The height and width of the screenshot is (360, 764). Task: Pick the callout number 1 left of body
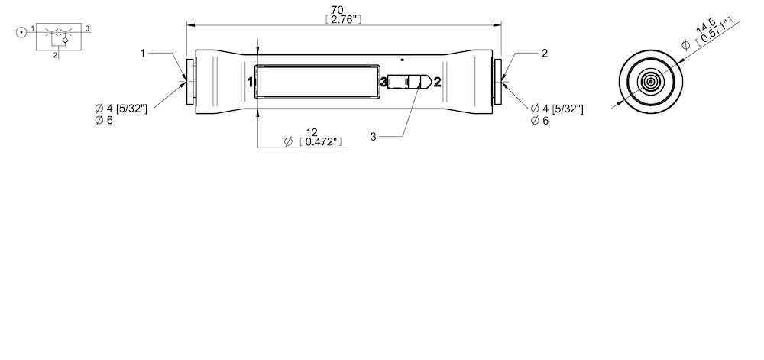[142, 54]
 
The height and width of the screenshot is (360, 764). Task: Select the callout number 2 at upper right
[544, 54]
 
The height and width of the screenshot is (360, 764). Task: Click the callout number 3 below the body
[374, 136]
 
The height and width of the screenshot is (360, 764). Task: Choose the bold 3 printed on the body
[384, 82]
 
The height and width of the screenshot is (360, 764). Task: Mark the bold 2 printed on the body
[437, 82]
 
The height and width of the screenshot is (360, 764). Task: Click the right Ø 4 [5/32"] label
[557, 109]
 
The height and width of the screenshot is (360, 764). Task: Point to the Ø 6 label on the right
[540, 122]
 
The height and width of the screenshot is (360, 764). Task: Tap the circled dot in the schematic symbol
[20, 32]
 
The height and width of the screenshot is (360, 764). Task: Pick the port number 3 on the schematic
[88, 28]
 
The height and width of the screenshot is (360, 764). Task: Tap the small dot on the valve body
[403, 59]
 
